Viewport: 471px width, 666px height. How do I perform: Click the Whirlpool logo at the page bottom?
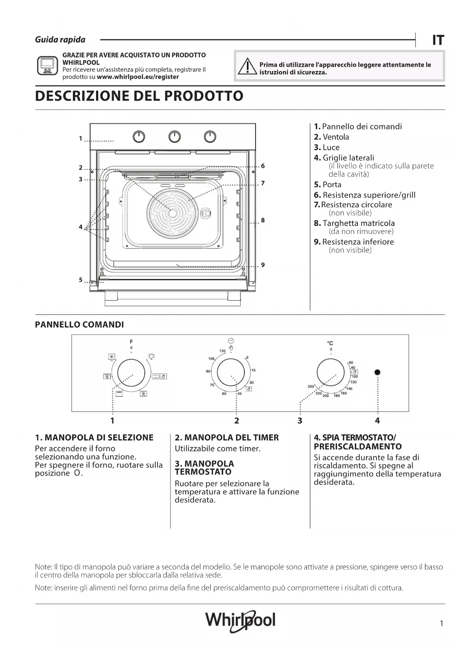(240, 620)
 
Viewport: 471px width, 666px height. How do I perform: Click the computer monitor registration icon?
(47, 66)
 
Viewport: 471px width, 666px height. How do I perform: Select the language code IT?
(438, 40)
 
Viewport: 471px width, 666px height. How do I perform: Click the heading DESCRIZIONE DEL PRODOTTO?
(139, 96)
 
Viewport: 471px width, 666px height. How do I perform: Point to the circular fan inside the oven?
(172, 213)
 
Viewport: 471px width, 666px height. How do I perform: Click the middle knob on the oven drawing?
(175, 137)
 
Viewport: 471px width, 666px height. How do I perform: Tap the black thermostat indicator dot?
(377, 372)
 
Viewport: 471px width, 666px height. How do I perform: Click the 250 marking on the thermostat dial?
(311, 387)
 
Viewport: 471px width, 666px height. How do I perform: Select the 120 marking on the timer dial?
(222, 351)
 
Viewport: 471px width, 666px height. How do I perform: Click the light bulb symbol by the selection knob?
(151, 356)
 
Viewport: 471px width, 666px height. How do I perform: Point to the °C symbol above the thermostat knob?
(330, 343)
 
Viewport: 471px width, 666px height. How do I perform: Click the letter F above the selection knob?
(131, 342)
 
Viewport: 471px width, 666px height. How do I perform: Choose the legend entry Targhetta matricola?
(358, 223)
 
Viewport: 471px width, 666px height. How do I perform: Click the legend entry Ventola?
(336, 137)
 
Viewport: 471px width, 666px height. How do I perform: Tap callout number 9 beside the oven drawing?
(263, 265)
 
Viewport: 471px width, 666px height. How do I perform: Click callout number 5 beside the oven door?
(80, 280)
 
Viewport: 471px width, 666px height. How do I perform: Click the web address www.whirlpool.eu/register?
(138, 77)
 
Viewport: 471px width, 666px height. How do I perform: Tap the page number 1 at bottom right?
(441, 623)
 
